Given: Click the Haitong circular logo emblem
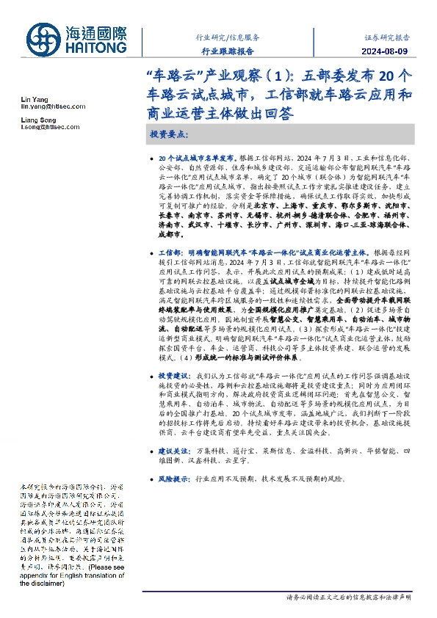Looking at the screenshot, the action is (43, 39).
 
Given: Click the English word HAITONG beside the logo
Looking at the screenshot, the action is (97, 49).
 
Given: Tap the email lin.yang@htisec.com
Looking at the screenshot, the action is (49, 106).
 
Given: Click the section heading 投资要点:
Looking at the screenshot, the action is (170, 136).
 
